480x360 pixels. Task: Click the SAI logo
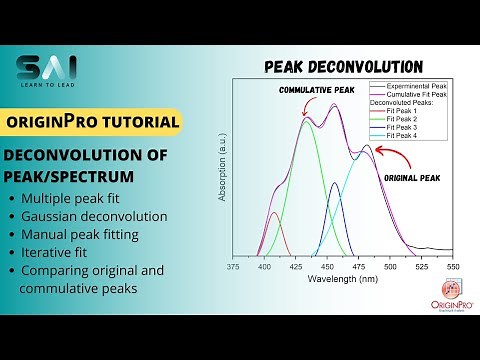pos(48,71)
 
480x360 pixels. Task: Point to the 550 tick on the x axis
pos(453,268)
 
